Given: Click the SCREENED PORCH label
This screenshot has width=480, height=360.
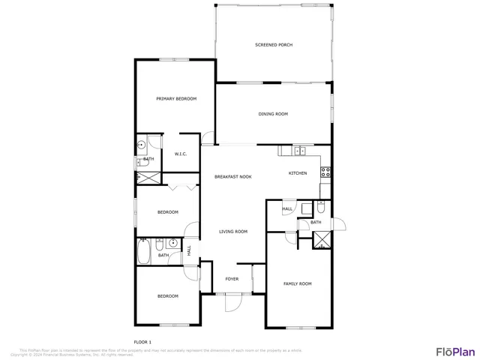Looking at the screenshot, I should coord(274,45).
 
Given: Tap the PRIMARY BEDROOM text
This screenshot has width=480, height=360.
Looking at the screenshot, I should coord(176,99).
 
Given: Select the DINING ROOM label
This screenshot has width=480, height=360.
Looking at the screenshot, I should coord(273,114).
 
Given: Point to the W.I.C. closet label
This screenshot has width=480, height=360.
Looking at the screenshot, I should coord(181,154).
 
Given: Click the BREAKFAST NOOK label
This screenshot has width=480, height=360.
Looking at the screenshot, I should coord(233,176).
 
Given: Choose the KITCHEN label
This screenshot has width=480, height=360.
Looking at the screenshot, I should coord(298,173).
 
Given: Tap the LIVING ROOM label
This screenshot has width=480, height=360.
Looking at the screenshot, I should coord(233,232).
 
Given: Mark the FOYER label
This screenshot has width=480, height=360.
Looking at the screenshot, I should coord(232,279).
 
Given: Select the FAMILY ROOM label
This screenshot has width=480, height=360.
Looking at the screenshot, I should coord(297,283).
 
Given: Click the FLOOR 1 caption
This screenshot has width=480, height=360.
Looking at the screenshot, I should coord(142,343).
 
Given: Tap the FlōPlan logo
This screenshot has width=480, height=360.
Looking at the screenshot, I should coord(455,350).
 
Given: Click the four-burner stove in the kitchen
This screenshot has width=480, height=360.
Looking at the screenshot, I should coord(325,172).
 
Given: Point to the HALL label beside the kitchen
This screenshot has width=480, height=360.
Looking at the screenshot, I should coord(287,209).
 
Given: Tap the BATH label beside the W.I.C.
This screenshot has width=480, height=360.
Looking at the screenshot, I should coord(148,160).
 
